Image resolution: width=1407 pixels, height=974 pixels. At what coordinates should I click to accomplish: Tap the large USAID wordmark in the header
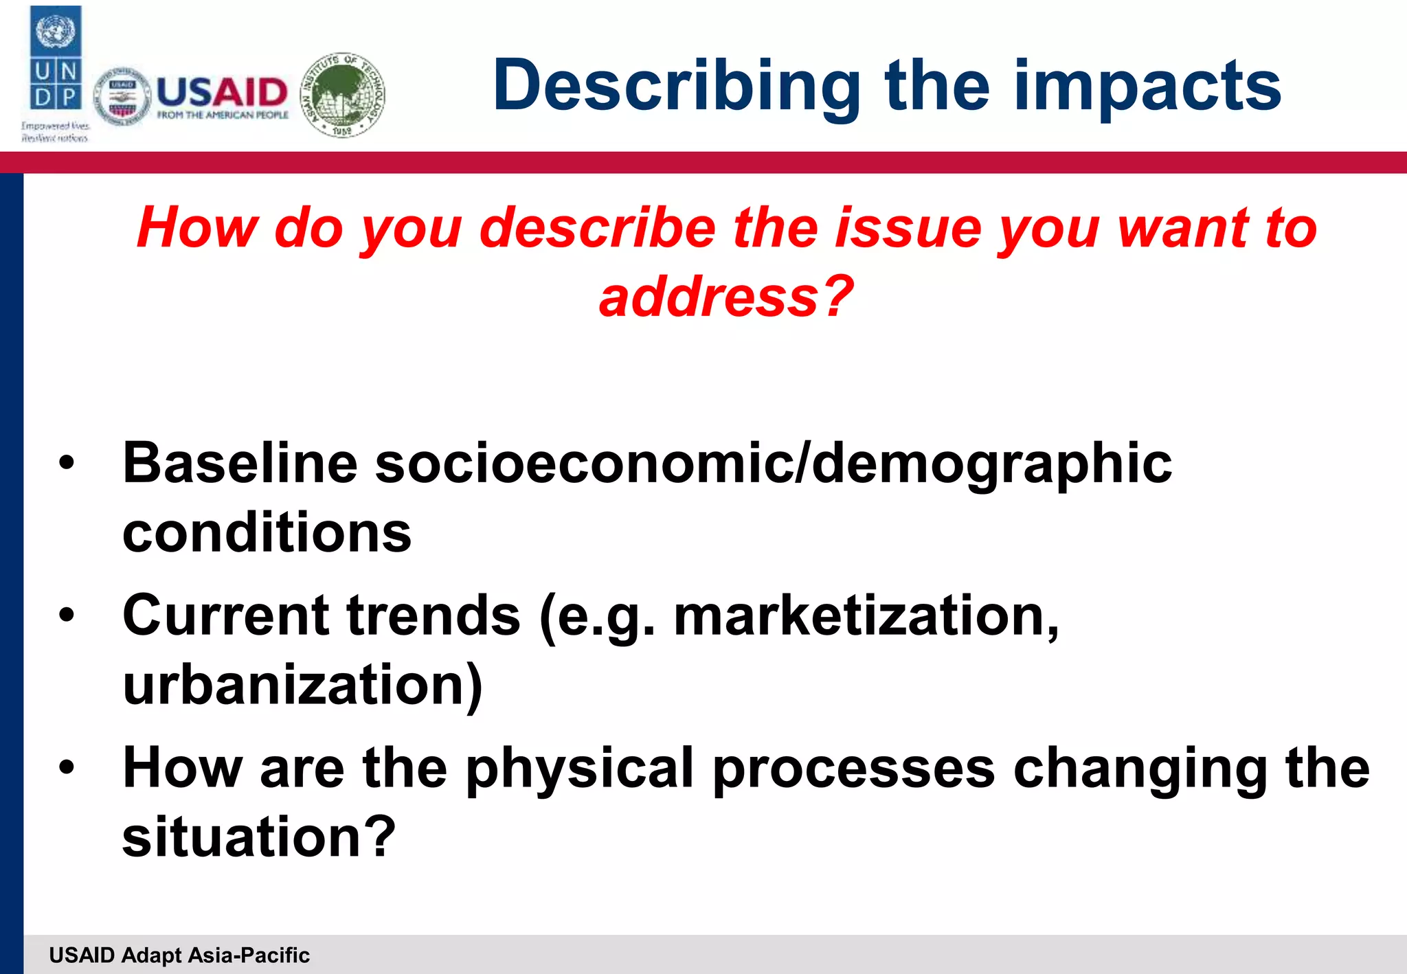point(222,91)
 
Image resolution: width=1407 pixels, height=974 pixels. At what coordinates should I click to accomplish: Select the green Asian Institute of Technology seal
point(343,95)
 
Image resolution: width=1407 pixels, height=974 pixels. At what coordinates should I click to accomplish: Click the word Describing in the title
point(676,87)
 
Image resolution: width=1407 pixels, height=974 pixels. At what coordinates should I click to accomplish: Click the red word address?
point(725,297)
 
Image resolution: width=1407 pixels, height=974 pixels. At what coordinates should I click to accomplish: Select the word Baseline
point(240,464)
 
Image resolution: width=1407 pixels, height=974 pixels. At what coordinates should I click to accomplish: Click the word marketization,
point(866,616)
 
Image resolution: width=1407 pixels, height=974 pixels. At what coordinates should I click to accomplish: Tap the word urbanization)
point(302,686)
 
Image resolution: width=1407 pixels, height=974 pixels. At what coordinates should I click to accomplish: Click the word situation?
point(259,837)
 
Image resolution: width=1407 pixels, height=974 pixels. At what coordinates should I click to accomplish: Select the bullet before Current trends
point(66,615)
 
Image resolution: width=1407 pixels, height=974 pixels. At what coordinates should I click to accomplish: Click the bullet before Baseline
point(66,463)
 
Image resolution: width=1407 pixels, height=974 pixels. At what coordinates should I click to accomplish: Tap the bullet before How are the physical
point(66,767)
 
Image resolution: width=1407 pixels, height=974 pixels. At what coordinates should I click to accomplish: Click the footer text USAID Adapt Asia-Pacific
point(179,955)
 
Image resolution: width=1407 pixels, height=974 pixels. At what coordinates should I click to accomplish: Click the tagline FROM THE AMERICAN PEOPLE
point(223,115)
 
